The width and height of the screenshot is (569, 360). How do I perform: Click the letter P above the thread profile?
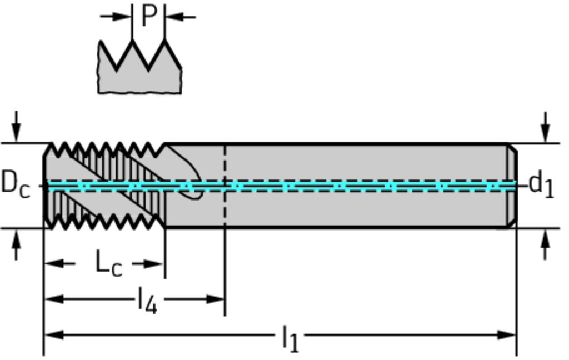[x=148, y=16]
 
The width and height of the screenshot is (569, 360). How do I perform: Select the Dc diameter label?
[x=15, y=183]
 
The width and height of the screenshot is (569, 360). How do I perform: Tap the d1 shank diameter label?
[x=541, y=184]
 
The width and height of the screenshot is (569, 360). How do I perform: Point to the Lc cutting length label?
[x=108, y=263]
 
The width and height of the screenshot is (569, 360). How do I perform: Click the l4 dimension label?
[x=147, y=301]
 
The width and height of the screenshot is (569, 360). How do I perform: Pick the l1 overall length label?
[x=290, y=337]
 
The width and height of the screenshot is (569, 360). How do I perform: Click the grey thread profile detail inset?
[x=139, y=75]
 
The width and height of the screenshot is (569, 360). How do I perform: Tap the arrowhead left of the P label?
[x=123, y=17]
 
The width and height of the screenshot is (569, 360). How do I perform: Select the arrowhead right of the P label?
[x=173, y=17]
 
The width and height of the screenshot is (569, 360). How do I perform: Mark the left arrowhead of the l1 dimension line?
[x=53, y=335]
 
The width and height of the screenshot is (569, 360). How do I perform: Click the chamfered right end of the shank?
[x=512, y=185]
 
